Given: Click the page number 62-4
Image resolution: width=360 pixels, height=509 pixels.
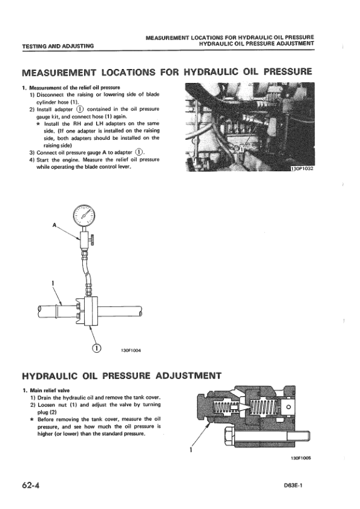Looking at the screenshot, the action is pyautogui.click(x=31, y=485).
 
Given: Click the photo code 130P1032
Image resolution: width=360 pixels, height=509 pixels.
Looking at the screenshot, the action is pyautogui.click(x=303, y=168).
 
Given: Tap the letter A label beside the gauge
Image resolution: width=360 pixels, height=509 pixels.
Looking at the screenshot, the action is pyautogui.click(x=54, y=225).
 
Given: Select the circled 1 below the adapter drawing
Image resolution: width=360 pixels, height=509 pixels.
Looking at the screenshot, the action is pyautogui.click(x=96, y=349).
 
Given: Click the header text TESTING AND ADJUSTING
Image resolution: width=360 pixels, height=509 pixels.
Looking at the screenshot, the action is pyautogui.click(x=58, y=46).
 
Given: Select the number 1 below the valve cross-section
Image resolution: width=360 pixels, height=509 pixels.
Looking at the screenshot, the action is pyautogui.click(x=191, y=450).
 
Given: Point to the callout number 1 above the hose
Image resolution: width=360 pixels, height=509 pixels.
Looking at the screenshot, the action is pyautogui.click(x=53, y=283).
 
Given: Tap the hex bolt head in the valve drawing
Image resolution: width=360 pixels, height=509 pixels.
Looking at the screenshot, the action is pyautogui.click(x=227, y=436).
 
